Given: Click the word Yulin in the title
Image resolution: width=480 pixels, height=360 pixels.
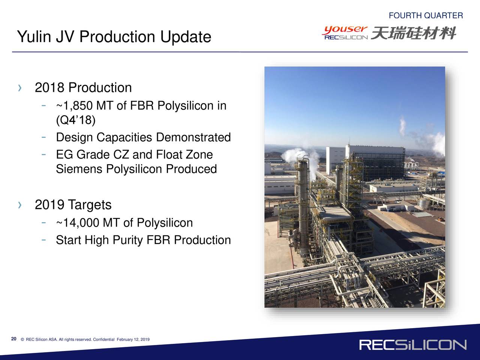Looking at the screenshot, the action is (x=34, y=36).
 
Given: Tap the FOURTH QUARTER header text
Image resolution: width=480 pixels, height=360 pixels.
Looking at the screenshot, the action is (x=426, y=15).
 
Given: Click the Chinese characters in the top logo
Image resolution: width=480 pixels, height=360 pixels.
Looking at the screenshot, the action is (x=414, y=33).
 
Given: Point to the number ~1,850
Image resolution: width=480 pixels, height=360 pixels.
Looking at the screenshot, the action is (x=74, y=106).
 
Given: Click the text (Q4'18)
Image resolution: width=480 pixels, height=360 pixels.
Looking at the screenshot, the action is (x=76, y=120).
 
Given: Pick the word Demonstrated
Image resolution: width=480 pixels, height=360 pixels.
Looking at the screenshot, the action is (x=193, y=137).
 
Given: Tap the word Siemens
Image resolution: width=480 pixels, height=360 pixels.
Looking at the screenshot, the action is (x=79, y=169).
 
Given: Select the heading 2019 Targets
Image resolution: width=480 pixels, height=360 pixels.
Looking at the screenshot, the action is (x=73, y=205).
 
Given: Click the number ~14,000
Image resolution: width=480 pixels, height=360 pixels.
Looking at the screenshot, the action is (x=77, y=222).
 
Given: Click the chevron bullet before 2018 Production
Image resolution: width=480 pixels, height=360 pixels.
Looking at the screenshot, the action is (x=20, y=88).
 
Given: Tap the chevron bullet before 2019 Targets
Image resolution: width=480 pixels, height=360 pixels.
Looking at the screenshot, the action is (x=20, y=205).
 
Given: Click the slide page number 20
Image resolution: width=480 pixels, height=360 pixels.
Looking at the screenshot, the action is (x=13, y=339).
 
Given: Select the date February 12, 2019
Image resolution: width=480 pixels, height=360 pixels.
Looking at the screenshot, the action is (x=133, y=339).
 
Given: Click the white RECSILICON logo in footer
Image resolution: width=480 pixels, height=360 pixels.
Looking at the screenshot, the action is (x=412, y=345).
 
